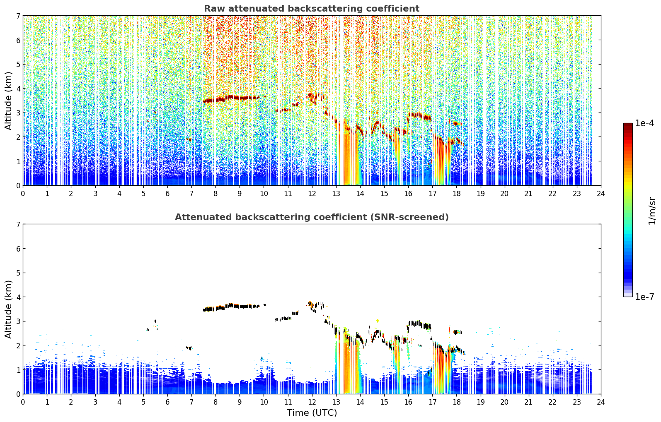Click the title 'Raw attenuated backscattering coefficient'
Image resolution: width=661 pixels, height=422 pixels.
(x=312, y=9)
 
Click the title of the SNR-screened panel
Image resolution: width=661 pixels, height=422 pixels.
(x=312, y=217)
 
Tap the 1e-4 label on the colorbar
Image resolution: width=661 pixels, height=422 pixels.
(x=645, y=123)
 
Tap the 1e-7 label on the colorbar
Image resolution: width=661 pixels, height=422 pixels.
(x=645, y=297)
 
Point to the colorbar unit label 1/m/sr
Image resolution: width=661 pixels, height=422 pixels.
(x=652, y=211)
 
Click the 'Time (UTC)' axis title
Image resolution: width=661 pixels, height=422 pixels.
(x=312, y=412)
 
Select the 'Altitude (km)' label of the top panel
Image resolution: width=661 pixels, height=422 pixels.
(x=8, y=101)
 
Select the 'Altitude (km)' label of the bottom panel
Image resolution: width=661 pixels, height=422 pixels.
(x=8, y=309)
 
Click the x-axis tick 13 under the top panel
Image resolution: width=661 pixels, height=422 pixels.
(x=336, y=194)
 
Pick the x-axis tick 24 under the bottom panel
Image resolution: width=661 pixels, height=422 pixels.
(x=601, y=402)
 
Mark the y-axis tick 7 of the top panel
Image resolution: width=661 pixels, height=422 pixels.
(x=18, y=16)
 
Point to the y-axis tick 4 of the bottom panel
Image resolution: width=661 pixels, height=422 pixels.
(x=18, y=297)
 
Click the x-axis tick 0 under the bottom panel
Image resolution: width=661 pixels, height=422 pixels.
(x=23, y=402)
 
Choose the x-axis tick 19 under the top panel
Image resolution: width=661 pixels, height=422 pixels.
(x=480, y=194)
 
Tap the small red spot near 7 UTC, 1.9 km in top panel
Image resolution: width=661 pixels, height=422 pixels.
(x=189, y=139)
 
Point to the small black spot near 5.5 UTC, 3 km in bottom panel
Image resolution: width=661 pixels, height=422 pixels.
(x=155, y=321)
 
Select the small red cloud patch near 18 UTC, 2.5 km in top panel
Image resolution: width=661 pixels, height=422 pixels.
(x=457, y=123)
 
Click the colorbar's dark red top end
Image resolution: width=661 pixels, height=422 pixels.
(x=628, y=125)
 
